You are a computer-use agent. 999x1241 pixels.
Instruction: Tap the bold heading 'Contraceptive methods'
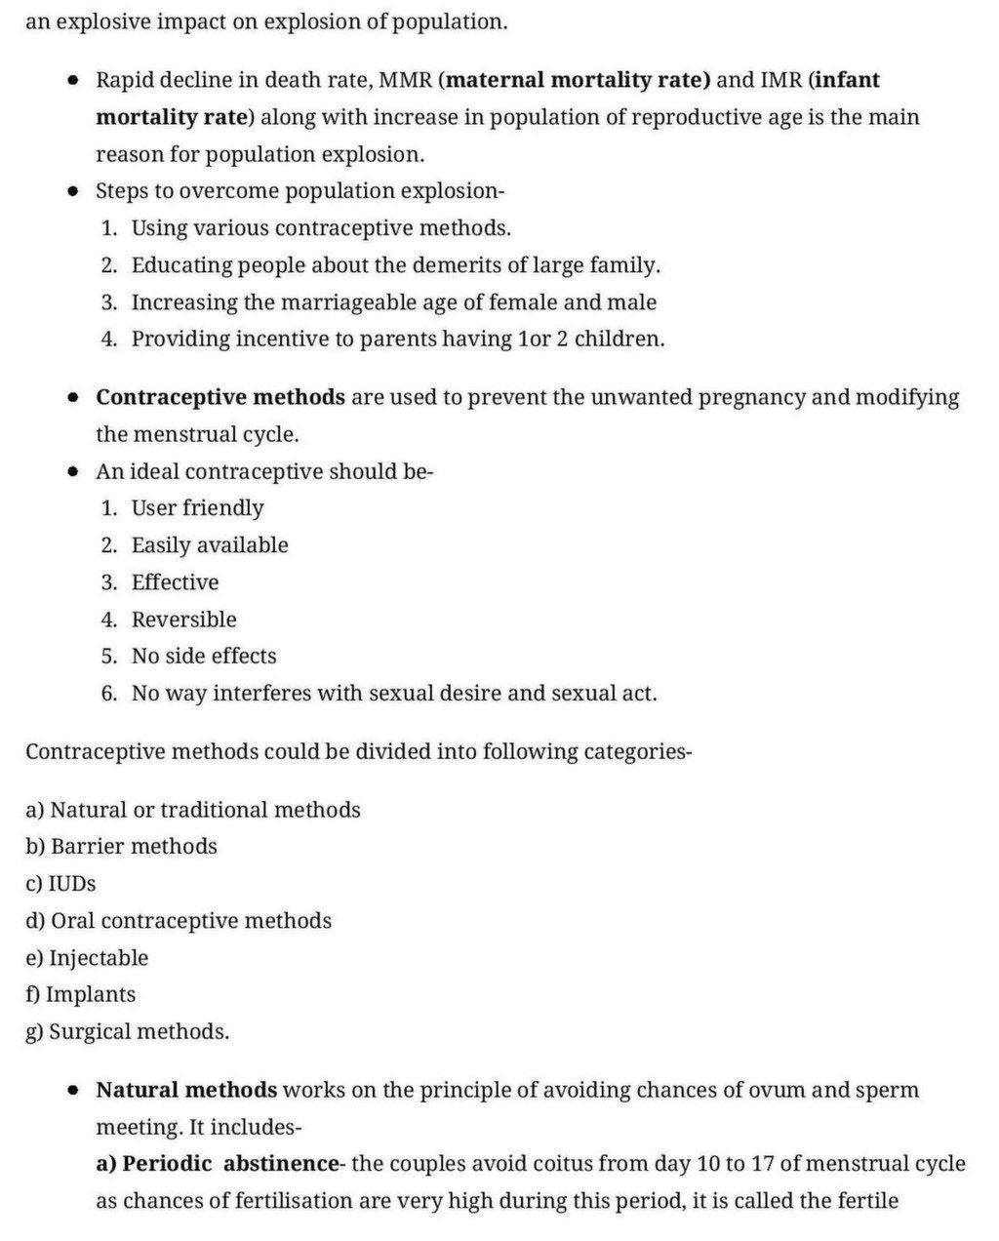220,398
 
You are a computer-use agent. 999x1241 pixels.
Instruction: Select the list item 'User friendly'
197,508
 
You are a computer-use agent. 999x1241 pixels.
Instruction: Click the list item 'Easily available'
210,545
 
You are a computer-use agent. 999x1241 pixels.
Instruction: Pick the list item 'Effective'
175,582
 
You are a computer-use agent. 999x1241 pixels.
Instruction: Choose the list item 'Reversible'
183,620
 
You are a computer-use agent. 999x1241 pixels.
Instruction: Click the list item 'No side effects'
204,657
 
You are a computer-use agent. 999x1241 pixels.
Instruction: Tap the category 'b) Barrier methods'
121,847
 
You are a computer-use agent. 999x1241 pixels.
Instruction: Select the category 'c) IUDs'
60,884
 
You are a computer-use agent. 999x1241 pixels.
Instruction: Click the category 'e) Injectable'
87,958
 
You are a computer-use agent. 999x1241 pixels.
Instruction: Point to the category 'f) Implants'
81,995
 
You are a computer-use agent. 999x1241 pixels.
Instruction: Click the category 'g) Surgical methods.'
128,1032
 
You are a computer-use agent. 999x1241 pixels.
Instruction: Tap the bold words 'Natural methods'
186,1090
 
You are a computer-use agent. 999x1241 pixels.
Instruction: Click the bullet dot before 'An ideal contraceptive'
73,472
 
